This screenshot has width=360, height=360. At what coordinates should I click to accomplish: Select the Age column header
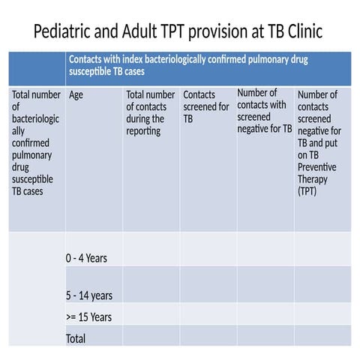coord(76,95)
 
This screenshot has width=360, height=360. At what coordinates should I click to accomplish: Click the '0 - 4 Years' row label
coord(86,258)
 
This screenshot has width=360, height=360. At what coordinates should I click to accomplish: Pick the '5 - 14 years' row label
coord(88,295)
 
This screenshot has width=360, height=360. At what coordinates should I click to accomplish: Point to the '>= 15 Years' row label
coord(88,316)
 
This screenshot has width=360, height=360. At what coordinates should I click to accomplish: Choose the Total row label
coord(76,338)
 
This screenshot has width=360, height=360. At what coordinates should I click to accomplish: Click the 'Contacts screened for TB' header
coord(206,106)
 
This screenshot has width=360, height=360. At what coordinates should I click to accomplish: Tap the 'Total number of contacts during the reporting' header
coord(150,112)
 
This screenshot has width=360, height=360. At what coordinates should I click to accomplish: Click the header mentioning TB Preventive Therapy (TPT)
coord(320,142)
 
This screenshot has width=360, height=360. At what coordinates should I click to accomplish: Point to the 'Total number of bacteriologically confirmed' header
coord(35,142)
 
